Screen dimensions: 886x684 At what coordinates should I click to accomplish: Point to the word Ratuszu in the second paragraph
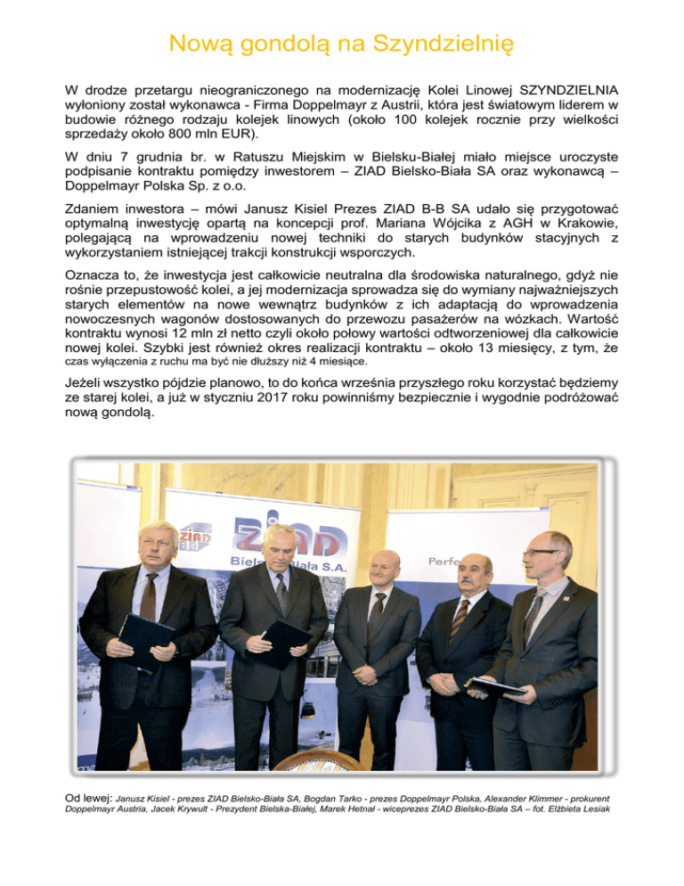click(x=240, y=159)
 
